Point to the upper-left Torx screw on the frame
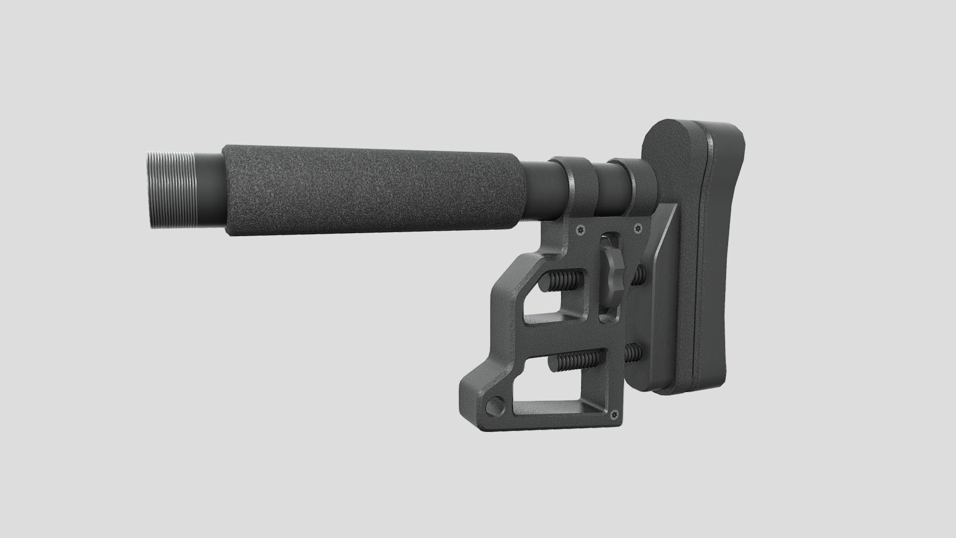(581, 230)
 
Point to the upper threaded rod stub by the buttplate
(640, 273)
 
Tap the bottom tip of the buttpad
(697, 389)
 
